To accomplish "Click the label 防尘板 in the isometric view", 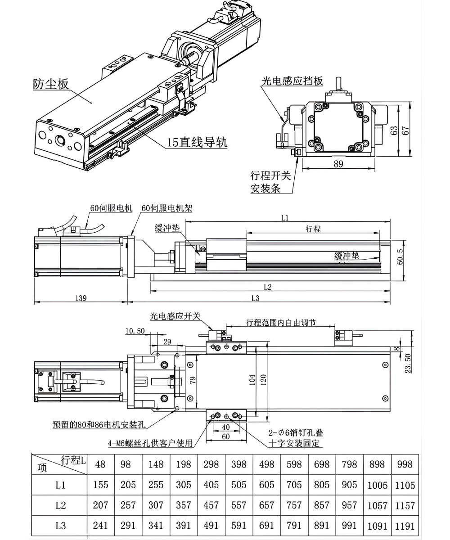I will tap(51, 84).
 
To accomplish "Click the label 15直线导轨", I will tap(197, 143).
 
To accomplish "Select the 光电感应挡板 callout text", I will tap(292, 81).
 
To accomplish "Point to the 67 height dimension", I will tap(406, 130).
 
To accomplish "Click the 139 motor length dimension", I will tap(81, 298).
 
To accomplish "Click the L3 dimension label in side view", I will tap(255, 298).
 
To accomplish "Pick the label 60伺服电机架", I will tap(167, 208).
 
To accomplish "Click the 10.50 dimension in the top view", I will tap(135, 331).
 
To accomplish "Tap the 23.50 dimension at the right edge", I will tap(408, 363).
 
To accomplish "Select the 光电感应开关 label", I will tap(175, 316).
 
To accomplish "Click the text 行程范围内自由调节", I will tap(281, 322).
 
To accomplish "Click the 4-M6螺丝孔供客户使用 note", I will tap(150, 443).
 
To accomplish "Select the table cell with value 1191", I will tap(405, 526).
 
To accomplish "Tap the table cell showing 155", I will tap(100, 485).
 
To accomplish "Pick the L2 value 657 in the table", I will tap(266, 505).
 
